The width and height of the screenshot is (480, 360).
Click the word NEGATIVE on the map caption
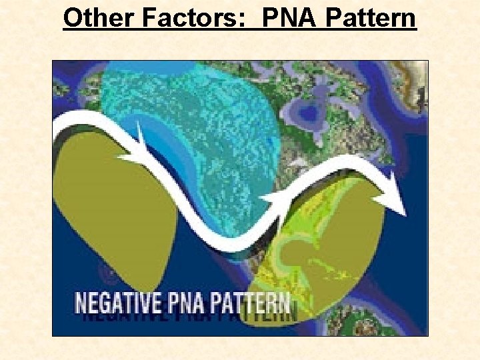point(117,303)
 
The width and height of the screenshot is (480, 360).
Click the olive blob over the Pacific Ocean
point(113,213)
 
